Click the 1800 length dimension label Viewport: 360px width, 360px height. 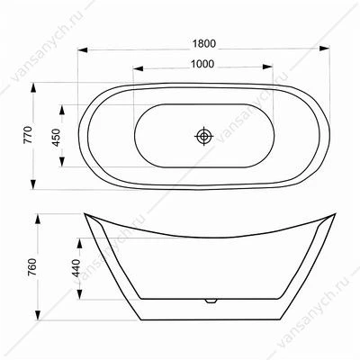203,44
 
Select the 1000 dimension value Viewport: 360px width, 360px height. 202,64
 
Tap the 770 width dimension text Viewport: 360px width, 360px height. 28,135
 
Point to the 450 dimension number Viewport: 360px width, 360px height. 56,138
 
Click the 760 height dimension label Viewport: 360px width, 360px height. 31,267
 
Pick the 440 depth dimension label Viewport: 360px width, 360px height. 76,268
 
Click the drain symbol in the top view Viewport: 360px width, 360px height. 204,136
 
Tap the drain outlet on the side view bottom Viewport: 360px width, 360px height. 211,301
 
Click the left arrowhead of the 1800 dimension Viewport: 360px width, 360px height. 83,49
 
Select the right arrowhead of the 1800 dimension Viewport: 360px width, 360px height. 325,49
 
